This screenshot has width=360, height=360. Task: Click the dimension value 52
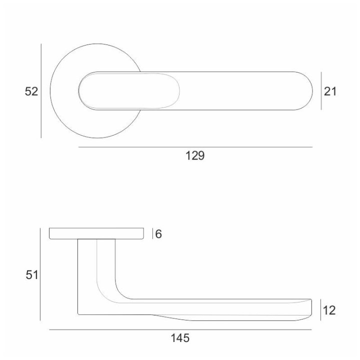31,91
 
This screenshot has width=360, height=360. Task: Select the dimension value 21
330,91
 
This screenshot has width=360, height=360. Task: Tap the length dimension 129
195,155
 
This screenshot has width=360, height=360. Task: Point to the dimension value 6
158,234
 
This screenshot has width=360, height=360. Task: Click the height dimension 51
31,275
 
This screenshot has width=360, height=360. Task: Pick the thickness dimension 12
329,310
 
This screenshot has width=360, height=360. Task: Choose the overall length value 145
180,338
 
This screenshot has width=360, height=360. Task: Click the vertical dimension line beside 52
41,91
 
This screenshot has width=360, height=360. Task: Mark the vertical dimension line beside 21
321,91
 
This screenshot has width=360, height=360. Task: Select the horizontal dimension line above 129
195,147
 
